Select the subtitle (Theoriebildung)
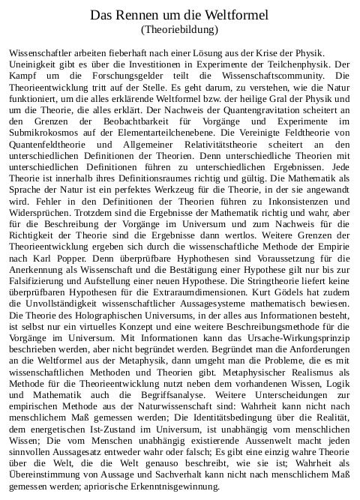[179, 30]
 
